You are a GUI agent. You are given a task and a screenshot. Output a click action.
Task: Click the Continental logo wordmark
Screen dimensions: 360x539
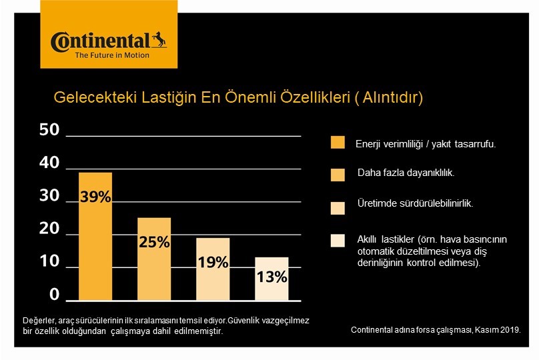[100, 41]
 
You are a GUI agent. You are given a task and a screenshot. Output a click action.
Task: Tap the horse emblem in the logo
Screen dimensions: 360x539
[159, 39]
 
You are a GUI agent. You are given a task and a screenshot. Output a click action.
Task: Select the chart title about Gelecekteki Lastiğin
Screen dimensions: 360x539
[238, 98]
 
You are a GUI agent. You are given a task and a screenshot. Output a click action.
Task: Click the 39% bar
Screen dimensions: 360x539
[95, 236]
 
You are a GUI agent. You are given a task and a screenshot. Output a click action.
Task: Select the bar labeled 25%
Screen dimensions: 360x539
[154, 259]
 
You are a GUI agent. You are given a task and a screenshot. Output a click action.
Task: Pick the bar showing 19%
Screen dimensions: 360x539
[213, 269]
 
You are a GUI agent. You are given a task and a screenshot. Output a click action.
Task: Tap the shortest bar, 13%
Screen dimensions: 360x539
[272, 279]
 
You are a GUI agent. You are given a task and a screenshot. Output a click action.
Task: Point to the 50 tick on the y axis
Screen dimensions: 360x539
[49, 130]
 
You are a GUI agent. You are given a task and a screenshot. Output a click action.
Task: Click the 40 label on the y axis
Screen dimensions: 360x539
[49, 163]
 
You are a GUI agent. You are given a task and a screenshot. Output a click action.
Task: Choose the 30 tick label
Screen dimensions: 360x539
[49, 196]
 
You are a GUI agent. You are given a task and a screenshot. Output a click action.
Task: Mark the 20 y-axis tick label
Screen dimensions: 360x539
[49, 229]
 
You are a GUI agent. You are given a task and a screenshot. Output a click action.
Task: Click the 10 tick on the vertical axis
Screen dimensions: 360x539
[49, 262]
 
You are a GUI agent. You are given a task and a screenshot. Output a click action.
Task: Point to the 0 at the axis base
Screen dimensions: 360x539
[54, 295]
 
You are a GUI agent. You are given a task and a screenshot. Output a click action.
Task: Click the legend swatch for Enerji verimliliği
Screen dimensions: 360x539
[338, 143]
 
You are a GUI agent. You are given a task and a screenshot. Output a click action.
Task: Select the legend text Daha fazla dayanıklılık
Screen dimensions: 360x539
[406, 173]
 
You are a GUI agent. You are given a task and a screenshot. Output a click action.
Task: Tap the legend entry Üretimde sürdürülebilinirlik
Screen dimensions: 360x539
[416, 204]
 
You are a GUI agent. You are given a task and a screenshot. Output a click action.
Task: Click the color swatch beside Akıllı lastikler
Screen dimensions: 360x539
[338, 240]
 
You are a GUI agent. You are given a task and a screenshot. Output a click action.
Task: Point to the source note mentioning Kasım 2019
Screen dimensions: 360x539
[435, 330]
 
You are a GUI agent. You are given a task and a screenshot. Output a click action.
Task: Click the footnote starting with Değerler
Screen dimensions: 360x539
[165, 325]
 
